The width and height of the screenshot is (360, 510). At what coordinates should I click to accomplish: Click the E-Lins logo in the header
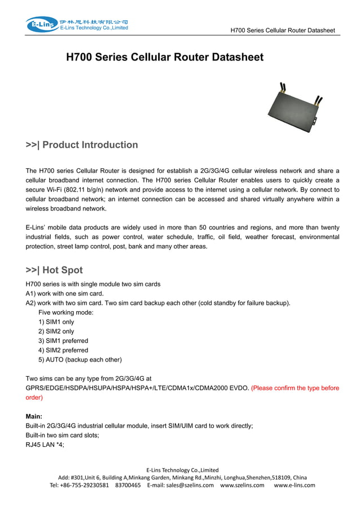pos(41,24)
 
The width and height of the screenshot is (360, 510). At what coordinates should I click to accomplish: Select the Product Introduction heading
pos(82,145)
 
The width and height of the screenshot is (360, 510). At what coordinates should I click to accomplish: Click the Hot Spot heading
pos(54,270)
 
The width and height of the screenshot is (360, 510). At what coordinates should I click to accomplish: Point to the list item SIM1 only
pos(56,322)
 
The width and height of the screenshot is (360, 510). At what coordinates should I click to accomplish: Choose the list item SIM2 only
pos(56,332)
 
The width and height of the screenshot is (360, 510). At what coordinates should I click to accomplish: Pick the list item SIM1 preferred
pos(63,341)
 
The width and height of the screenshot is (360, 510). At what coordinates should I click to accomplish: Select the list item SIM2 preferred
pos(63,350)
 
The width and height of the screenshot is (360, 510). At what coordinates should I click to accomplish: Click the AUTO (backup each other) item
pos(80,360)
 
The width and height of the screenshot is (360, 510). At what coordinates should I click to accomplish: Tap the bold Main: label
pos(35,416)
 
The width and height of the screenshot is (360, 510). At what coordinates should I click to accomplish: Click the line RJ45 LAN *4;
pos(45,444)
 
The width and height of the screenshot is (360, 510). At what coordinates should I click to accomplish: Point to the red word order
pos(34,397)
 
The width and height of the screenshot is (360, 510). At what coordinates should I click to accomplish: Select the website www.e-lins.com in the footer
pos(294,485)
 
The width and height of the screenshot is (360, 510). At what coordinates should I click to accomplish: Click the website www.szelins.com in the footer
pos(242,485)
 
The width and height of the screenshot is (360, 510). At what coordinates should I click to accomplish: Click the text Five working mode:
pos(65,312)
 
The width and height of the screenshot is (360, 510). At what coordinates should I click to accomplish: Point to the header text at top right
pos(283,30)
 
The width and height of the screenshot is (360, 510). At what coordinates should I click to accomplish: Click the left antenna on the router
pos(281,90)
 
